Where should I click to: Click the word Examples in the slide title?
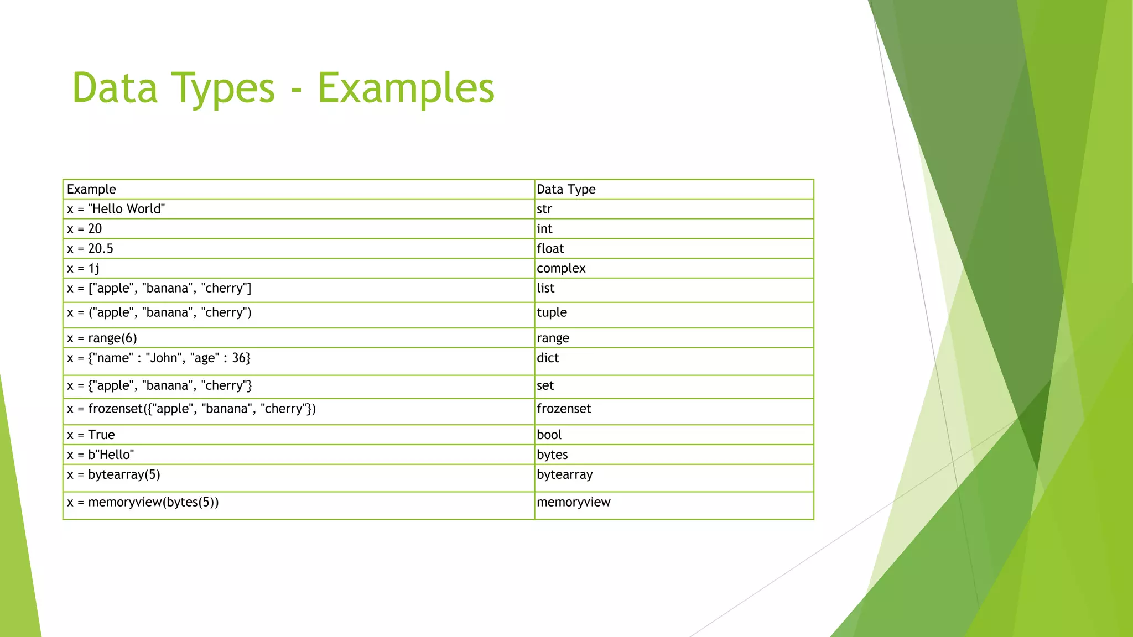click(x=406, y=88)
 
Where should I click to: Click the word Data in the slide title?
click(x=115, y=88)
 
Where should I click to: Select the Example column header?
click(x=91, y=190)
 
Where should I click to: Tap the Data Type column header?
click(x=566, y=190)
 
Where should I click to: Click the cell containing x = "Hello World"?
click(x=116, y=209)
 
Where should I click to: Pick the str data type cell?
click(x=544, y=209)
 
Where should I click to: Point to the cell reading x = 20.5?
click(x=90, y=249)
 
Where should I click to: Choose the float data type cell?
click(x=550, y=249)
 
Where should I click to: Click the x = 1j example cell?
click(x=84, y=269)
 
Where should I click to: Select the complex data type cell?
click(x=561, y=269)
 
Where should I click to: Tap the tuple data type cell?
click(x=552, y=312)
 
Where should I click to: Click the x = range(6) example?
click(x=102, y=338)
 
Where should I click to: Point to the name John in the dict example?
click(x=164, y=358)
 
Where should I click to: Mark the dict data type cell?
click(x=548, y=358)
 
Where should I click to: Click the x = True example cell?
click(x=91, y=435)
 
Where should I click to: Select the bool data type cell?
click(x=549, y=435)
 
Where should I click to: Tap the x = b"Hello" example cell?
click(x=101, y=455)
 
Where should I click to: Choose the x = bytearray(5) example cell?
click(x=113, y=475)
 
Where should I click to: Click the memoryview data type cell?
click(x=574, y=503)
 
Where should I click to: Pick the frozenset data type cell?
click(x=564, y=409)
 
